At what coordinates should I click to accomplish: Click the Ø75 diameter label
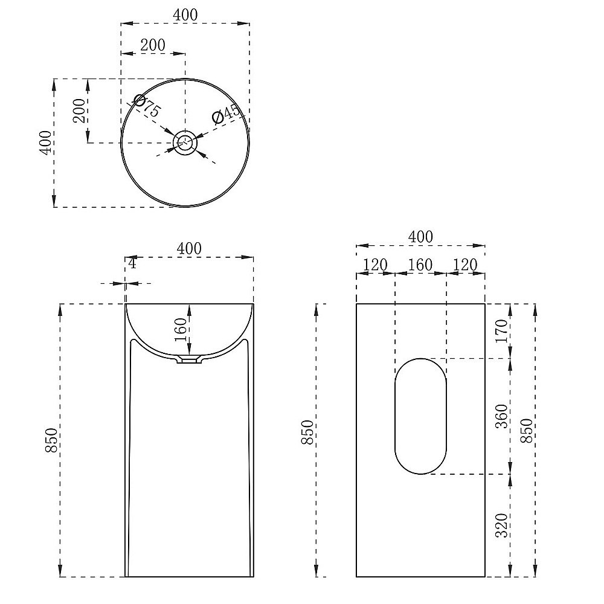(146, 106)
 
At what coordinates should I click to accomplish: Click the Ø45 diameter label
(226, 114)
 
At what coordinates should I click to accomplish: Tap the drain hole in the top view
(185, 143)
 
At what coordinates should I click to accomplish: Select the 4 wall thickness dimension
(132, 264)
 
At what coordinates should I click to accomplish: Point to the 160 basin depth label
(181, 330)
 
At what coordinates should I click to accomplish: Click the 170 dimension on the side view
(501, 331)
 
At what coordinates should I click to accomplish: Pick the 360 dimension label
(501, 416)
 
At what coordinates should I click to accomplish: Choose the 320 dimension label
(501, 525)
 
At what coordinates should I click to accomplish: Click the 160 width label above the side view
(420, 265)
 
